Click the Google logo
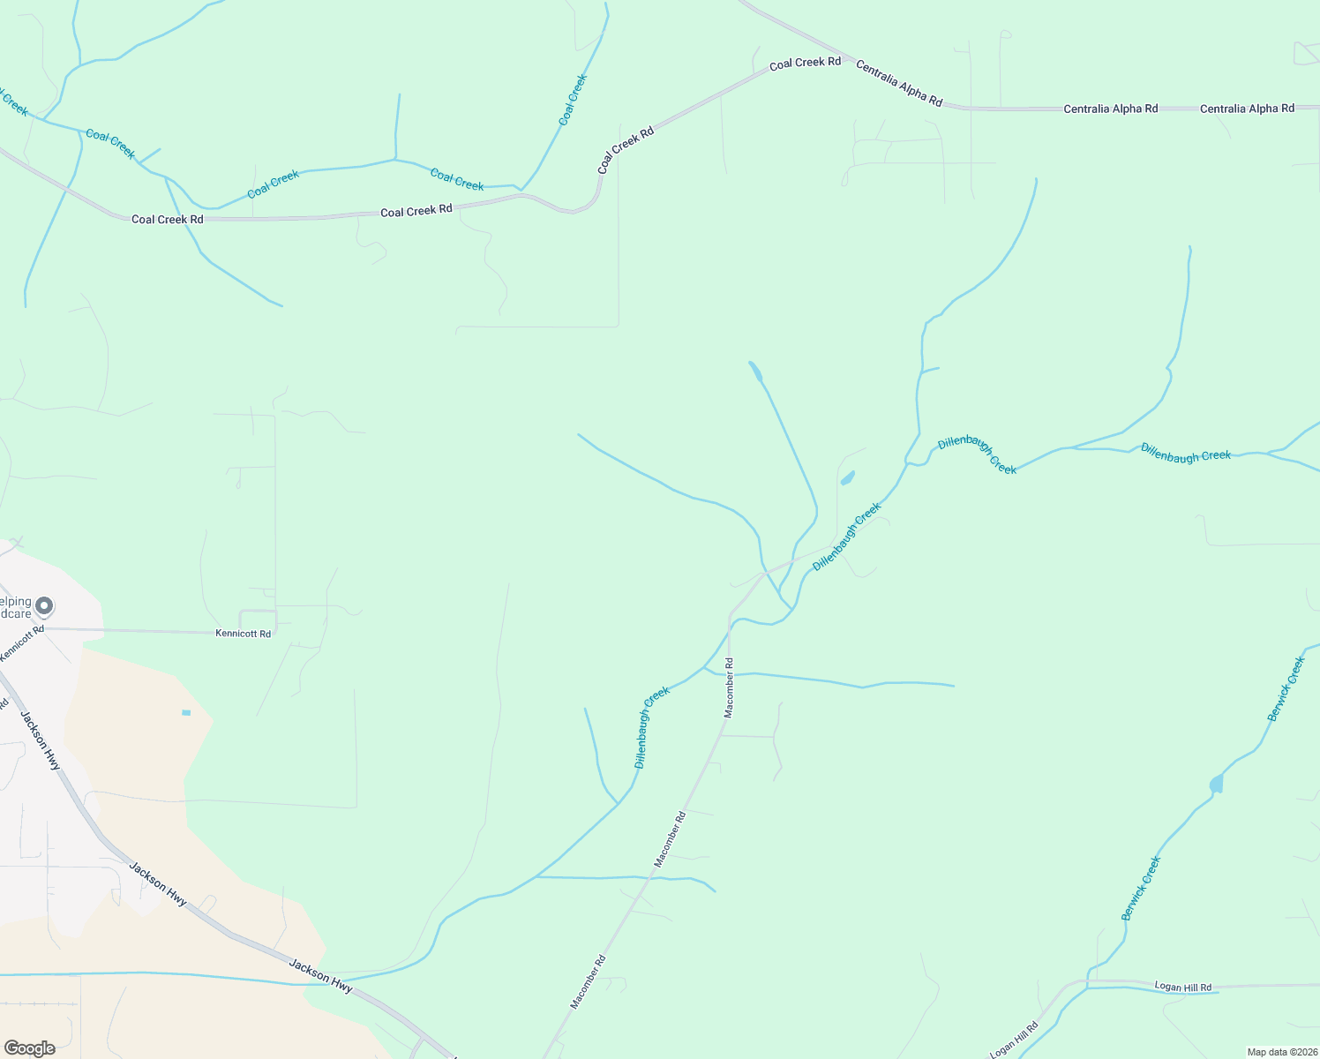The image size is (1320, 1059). (x=30, y=1048)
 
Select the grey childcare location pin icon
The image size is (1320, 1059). (x=44, y=606)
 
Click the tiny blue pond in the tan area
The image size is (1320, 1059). (x=186, y=712)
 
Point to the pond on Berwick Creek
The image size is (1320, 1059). (x=1217, y=784)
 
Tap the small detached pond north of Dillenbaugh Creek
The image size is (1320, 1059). (x=848, y=478)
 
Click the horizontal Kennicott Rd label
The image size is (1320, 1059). (x=244, y=634)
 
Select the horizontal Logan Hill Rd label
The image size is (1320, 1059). (x=1183, y=987)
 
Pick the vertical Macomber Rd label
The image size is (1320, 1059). (x=729, y=687)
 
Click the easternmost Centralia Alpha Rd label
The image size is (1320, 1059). (x=1247, y=109)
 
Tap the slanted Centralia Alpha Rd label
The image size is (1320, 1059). (x=899, y=85)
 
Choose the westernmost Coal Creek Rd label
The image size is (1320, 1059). (x=168, y=219)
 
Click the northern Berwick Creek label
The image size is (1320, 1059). (x=1286, y=689)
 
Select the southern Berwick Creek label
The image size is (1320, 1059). (x=1141, y=889)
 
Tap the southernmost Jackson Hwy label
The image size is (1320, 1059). (x=321, y=977)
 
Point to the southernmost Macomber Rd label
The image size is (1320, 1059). (x=588, y=982)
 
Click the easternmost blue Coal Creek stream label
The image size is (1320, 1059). (x=573, y=100)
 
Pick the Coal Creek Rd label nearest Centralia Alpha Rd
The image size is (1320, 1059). (x=805, y=63)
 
